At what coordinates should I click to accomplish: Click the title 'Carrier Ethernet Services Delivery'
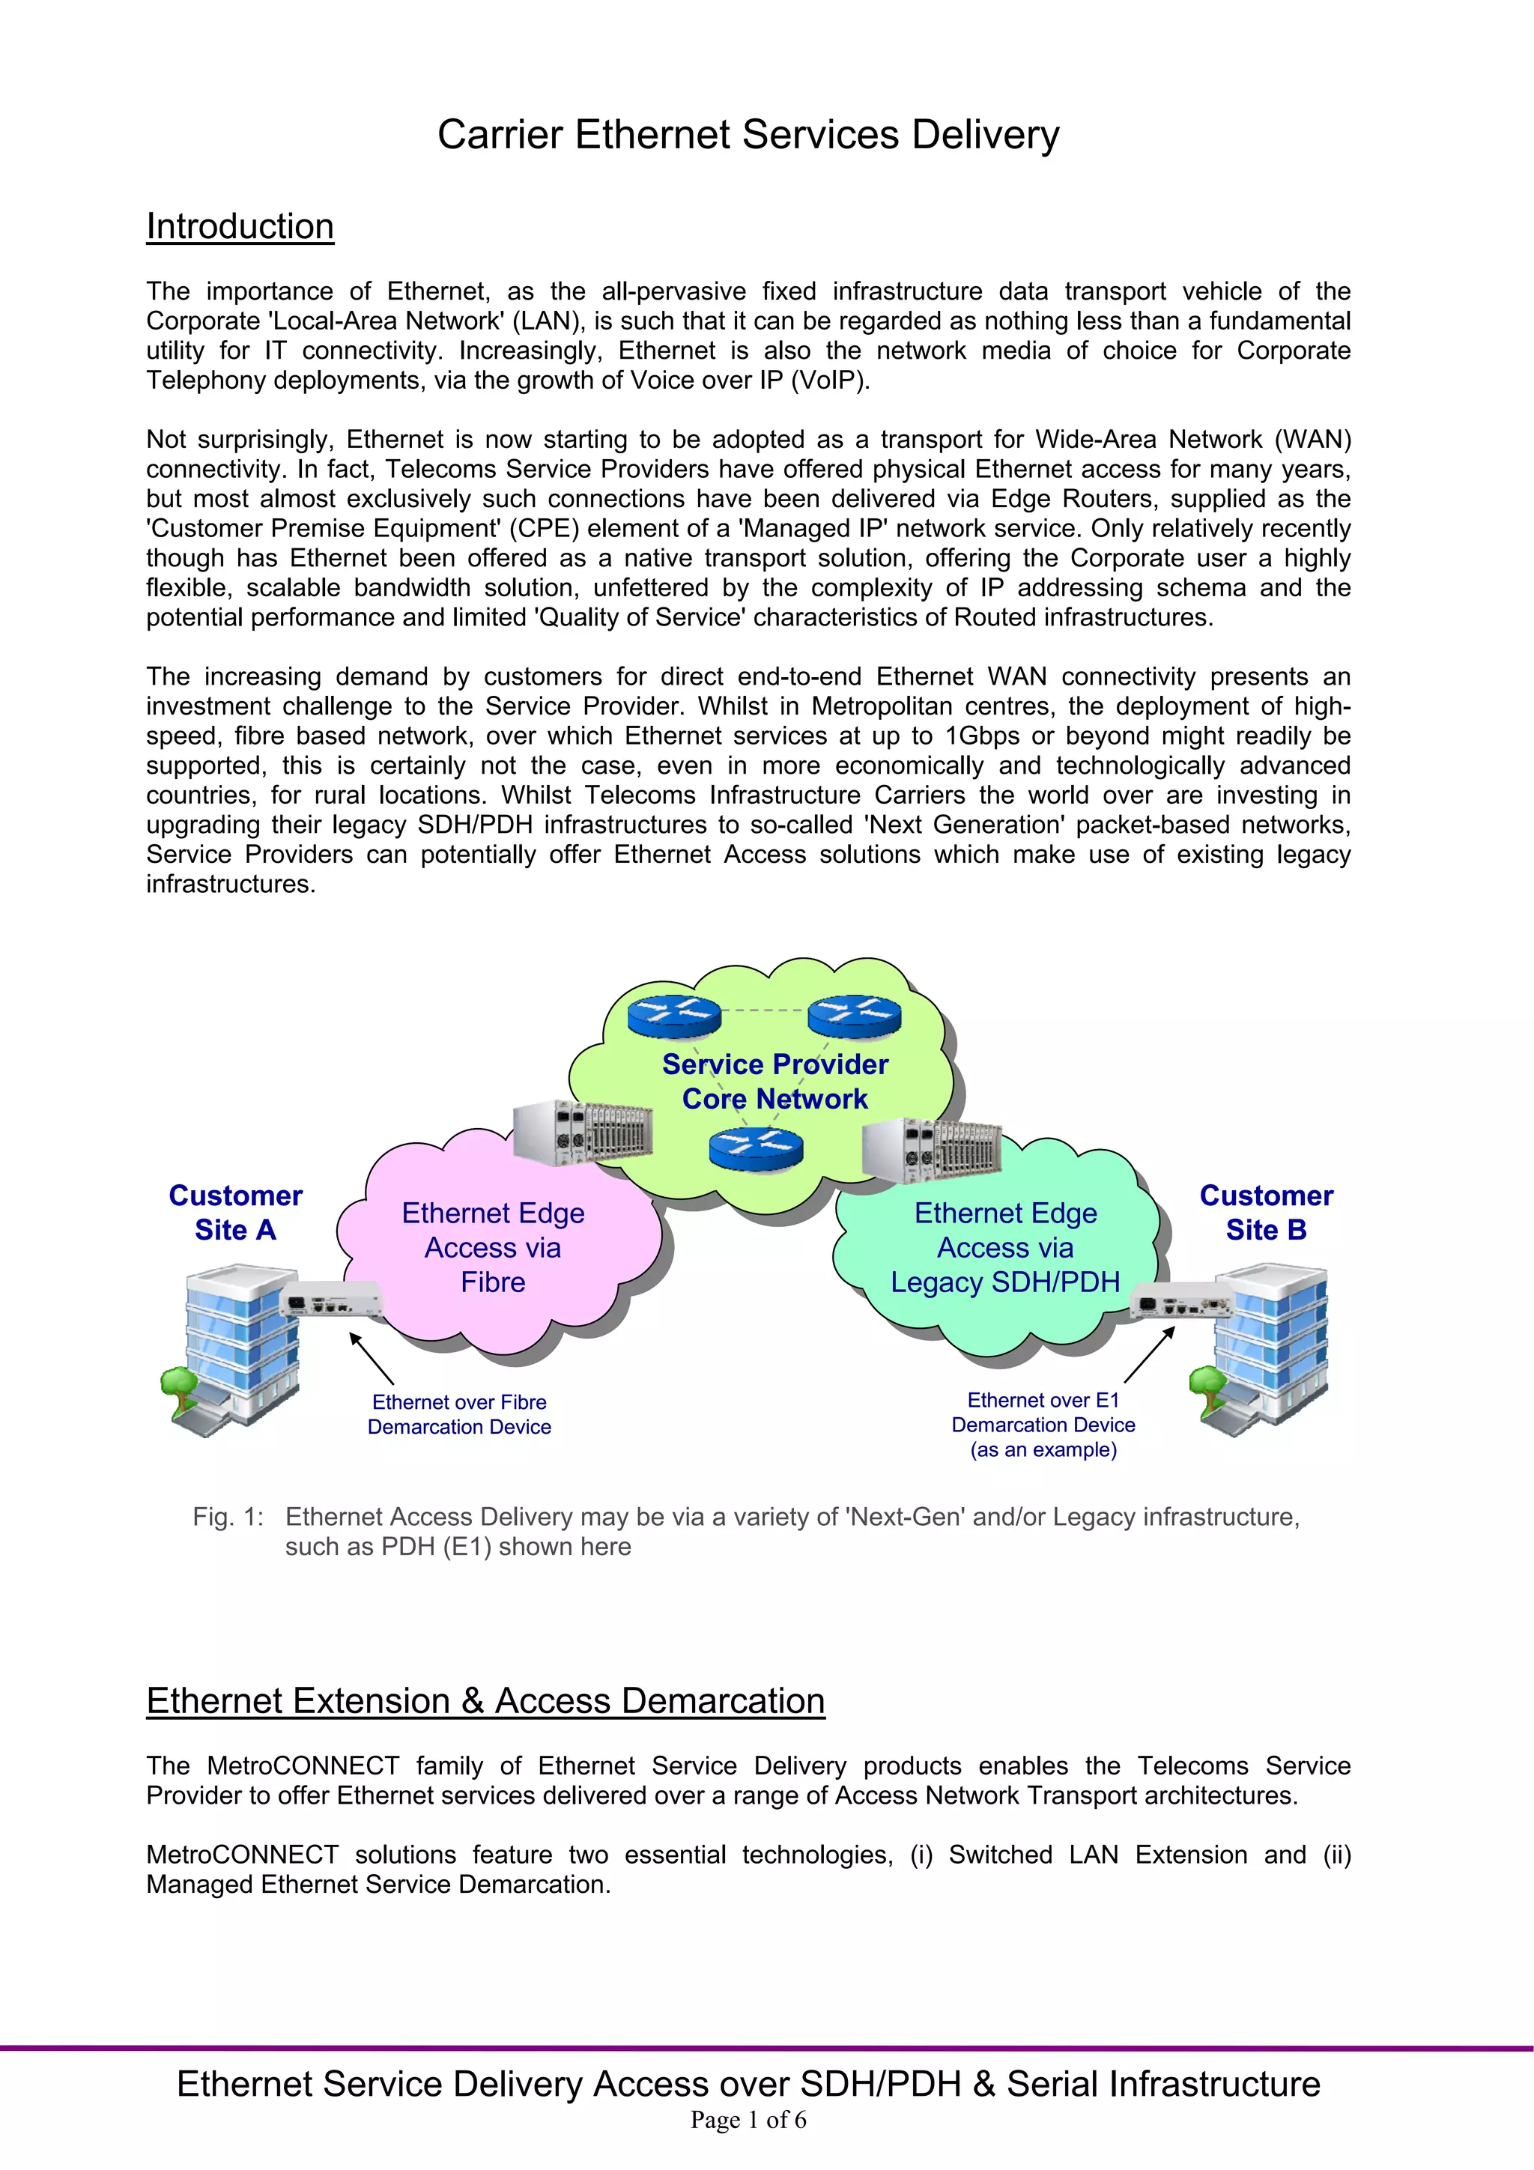coord(748,135)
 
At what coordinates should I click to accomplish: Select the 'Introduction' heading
coord(240,227)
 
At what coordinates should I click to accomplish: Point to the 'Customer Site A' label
coord(235,1213)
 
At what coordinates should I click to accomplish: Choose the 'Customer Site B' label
coord(1266,1213)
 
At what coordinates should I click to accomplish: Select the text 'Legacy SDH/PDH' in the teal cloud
coord(1004,1282)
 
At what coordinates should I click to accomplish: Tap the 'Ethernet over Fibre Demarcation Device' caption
coord(459,1415)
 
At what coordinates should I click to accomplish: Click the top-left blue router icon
coord(674,1015)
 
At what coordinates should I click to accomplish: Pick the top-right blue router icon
coord(855,1015)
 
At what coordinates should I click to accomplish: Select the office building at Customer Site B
coord(1267,1347)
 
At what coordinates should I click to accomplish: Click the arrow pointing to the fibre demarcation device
coord(372,1358)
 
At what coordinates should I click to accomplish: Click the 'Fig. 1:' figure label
coord(228,1517)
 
